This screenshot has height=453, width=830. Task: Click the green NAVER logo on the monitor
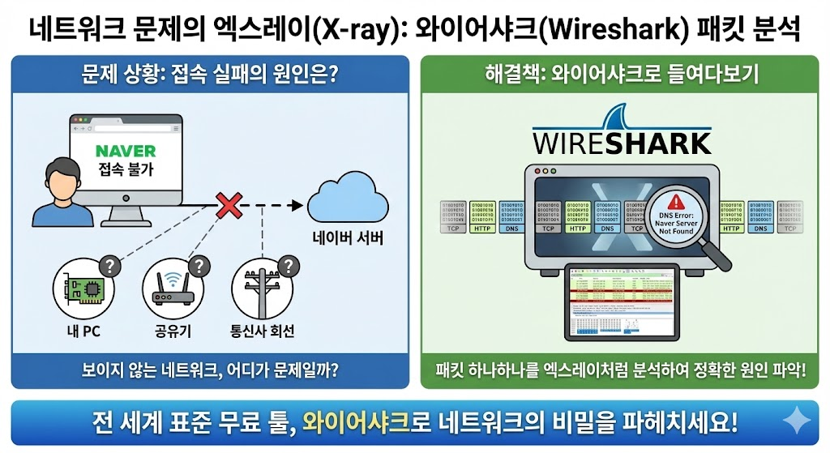[125, 152]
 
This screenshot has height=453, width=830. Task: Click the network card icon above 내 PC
[83, 288]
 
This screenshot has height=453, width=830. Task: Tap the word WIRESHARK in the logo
[622, 144]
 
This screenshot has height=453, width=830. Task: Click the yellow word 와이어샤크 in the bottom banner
[358, 421]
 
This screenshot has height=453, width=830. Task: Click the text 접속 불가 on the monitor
[125, 171]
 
